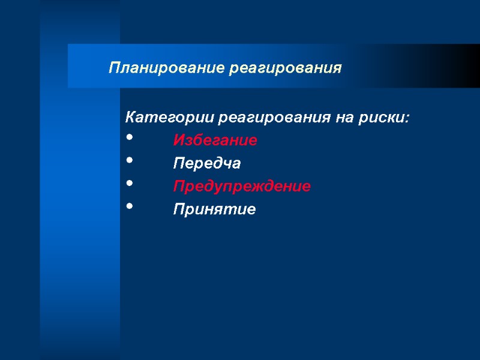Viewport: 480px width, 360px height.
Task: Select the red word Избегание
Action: [x=215, y=140]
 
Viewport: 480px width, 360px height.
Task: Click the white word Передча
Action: [x=206, y=163]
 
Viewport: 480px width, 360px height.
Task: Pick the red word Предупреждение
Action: [x=242, y=187]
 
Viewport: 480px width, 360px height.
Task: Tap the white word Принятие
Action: [x=214, y=210]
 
